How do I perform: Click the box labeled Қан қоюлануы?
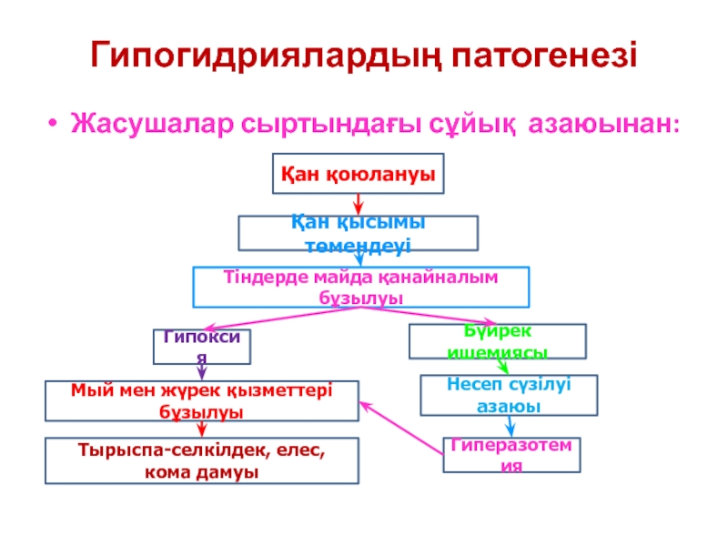(x=359, y=174)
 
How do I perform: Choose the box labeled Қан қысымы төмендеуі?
(x=358, y=233)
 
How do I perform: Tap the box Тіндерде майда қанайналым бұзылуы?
(x=361, y=287)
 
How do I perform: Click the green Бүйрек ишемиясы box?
(x=498, y=340)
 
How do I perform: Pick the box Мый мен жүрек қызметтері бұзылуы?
(x=203, y=400)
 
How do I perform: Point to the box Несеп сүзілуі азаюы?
(x=508, y=396)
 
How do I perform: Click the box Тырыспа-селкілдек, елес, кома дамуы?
(x=203, y=460)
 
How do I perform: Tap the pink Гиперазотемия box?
(x=511, y=454)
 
